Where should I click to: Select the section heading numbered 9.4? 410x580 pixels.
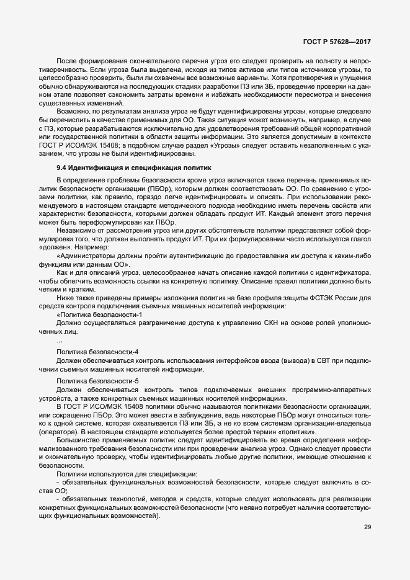[134, 167]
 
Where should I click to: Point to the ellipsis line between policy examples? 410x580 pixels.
[60, 341]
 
